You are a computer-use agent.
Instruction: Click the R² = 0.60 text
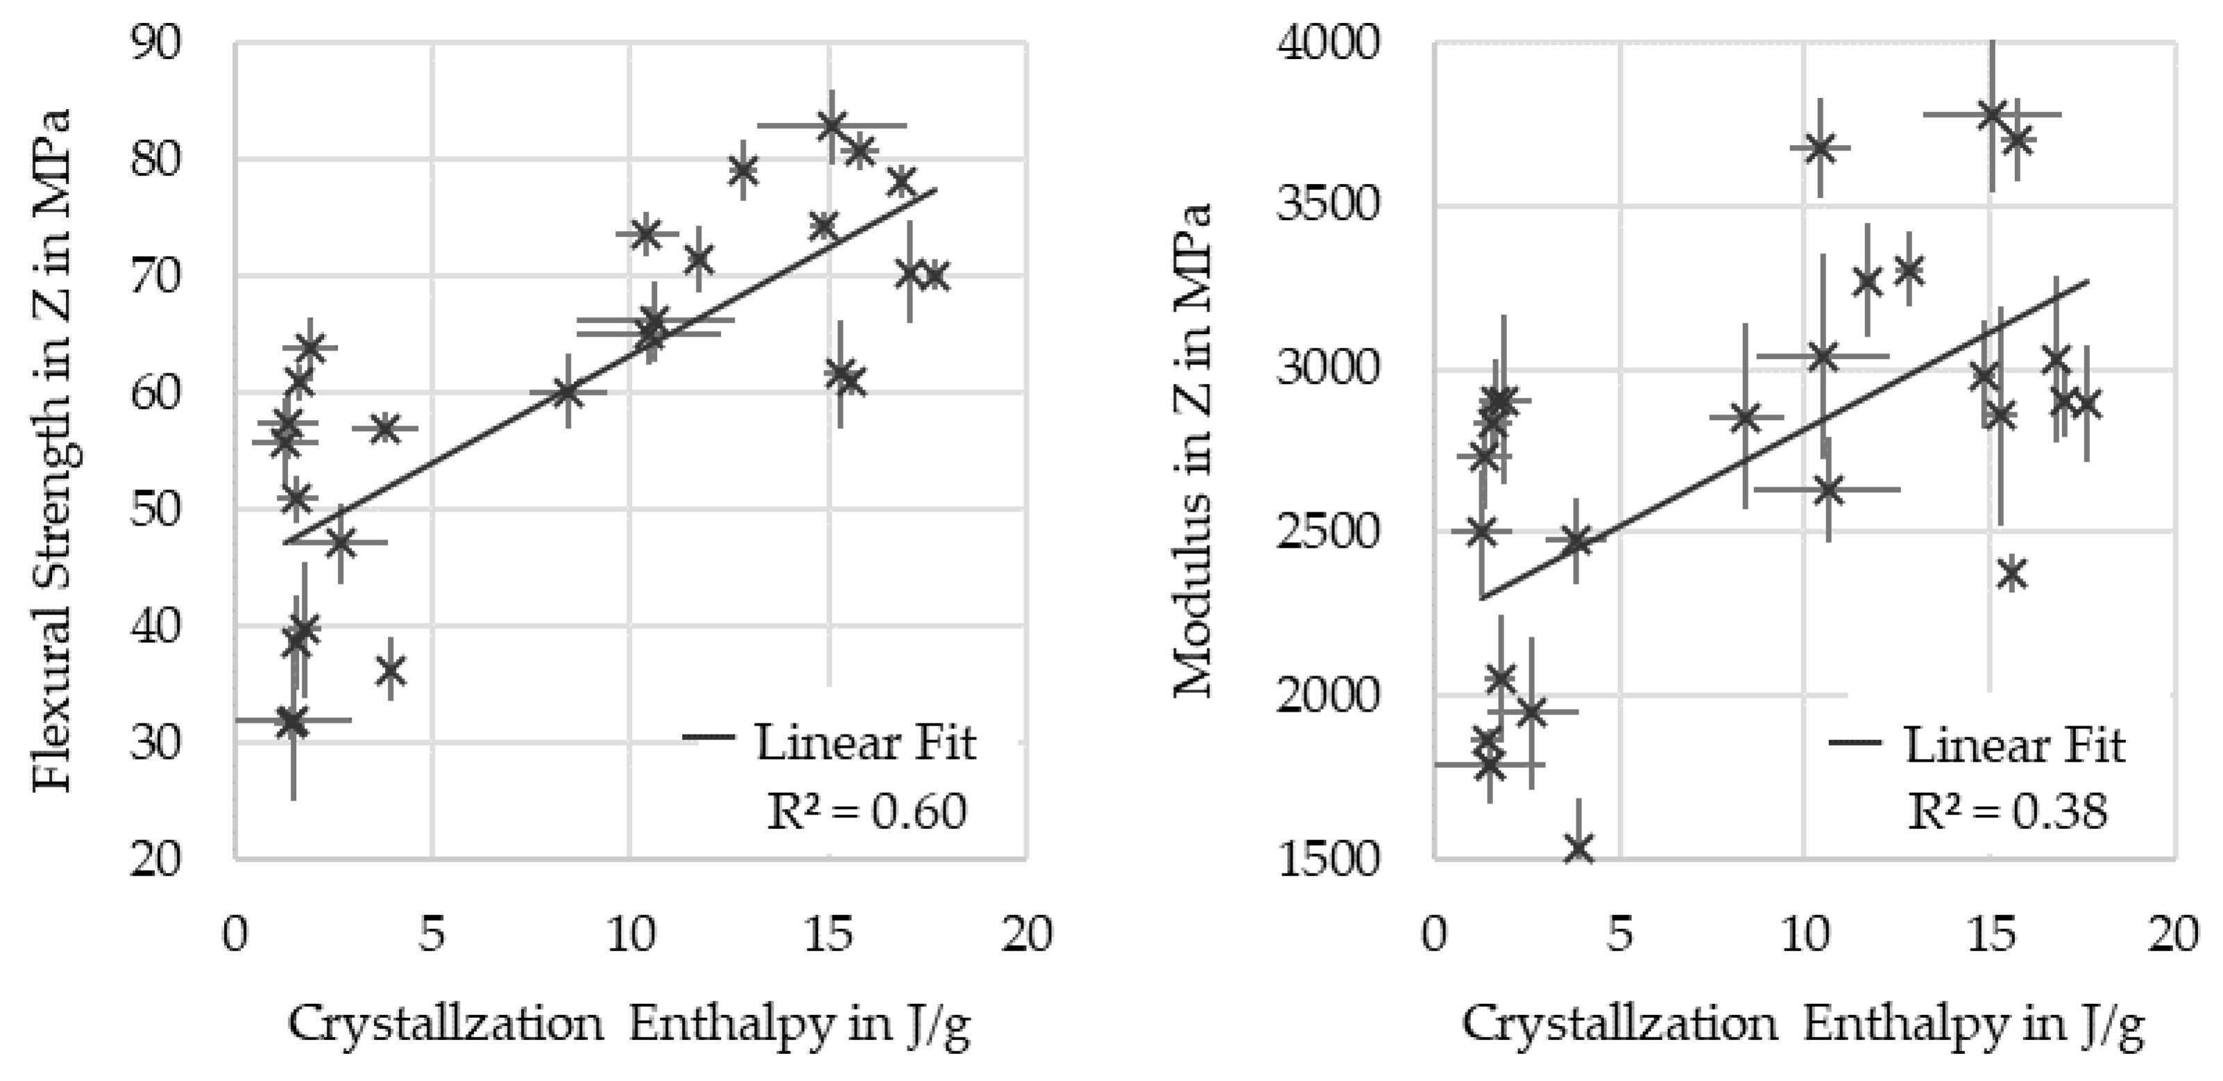867,812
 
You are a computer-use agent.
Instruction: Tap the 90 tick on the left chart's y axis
156,42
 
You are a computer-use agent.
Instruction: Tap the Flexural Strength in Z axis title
52,449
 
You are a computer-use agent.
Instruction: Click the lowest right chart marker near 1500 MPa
1579,848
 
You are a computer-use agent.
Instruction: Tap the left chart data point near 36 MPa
391,669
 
